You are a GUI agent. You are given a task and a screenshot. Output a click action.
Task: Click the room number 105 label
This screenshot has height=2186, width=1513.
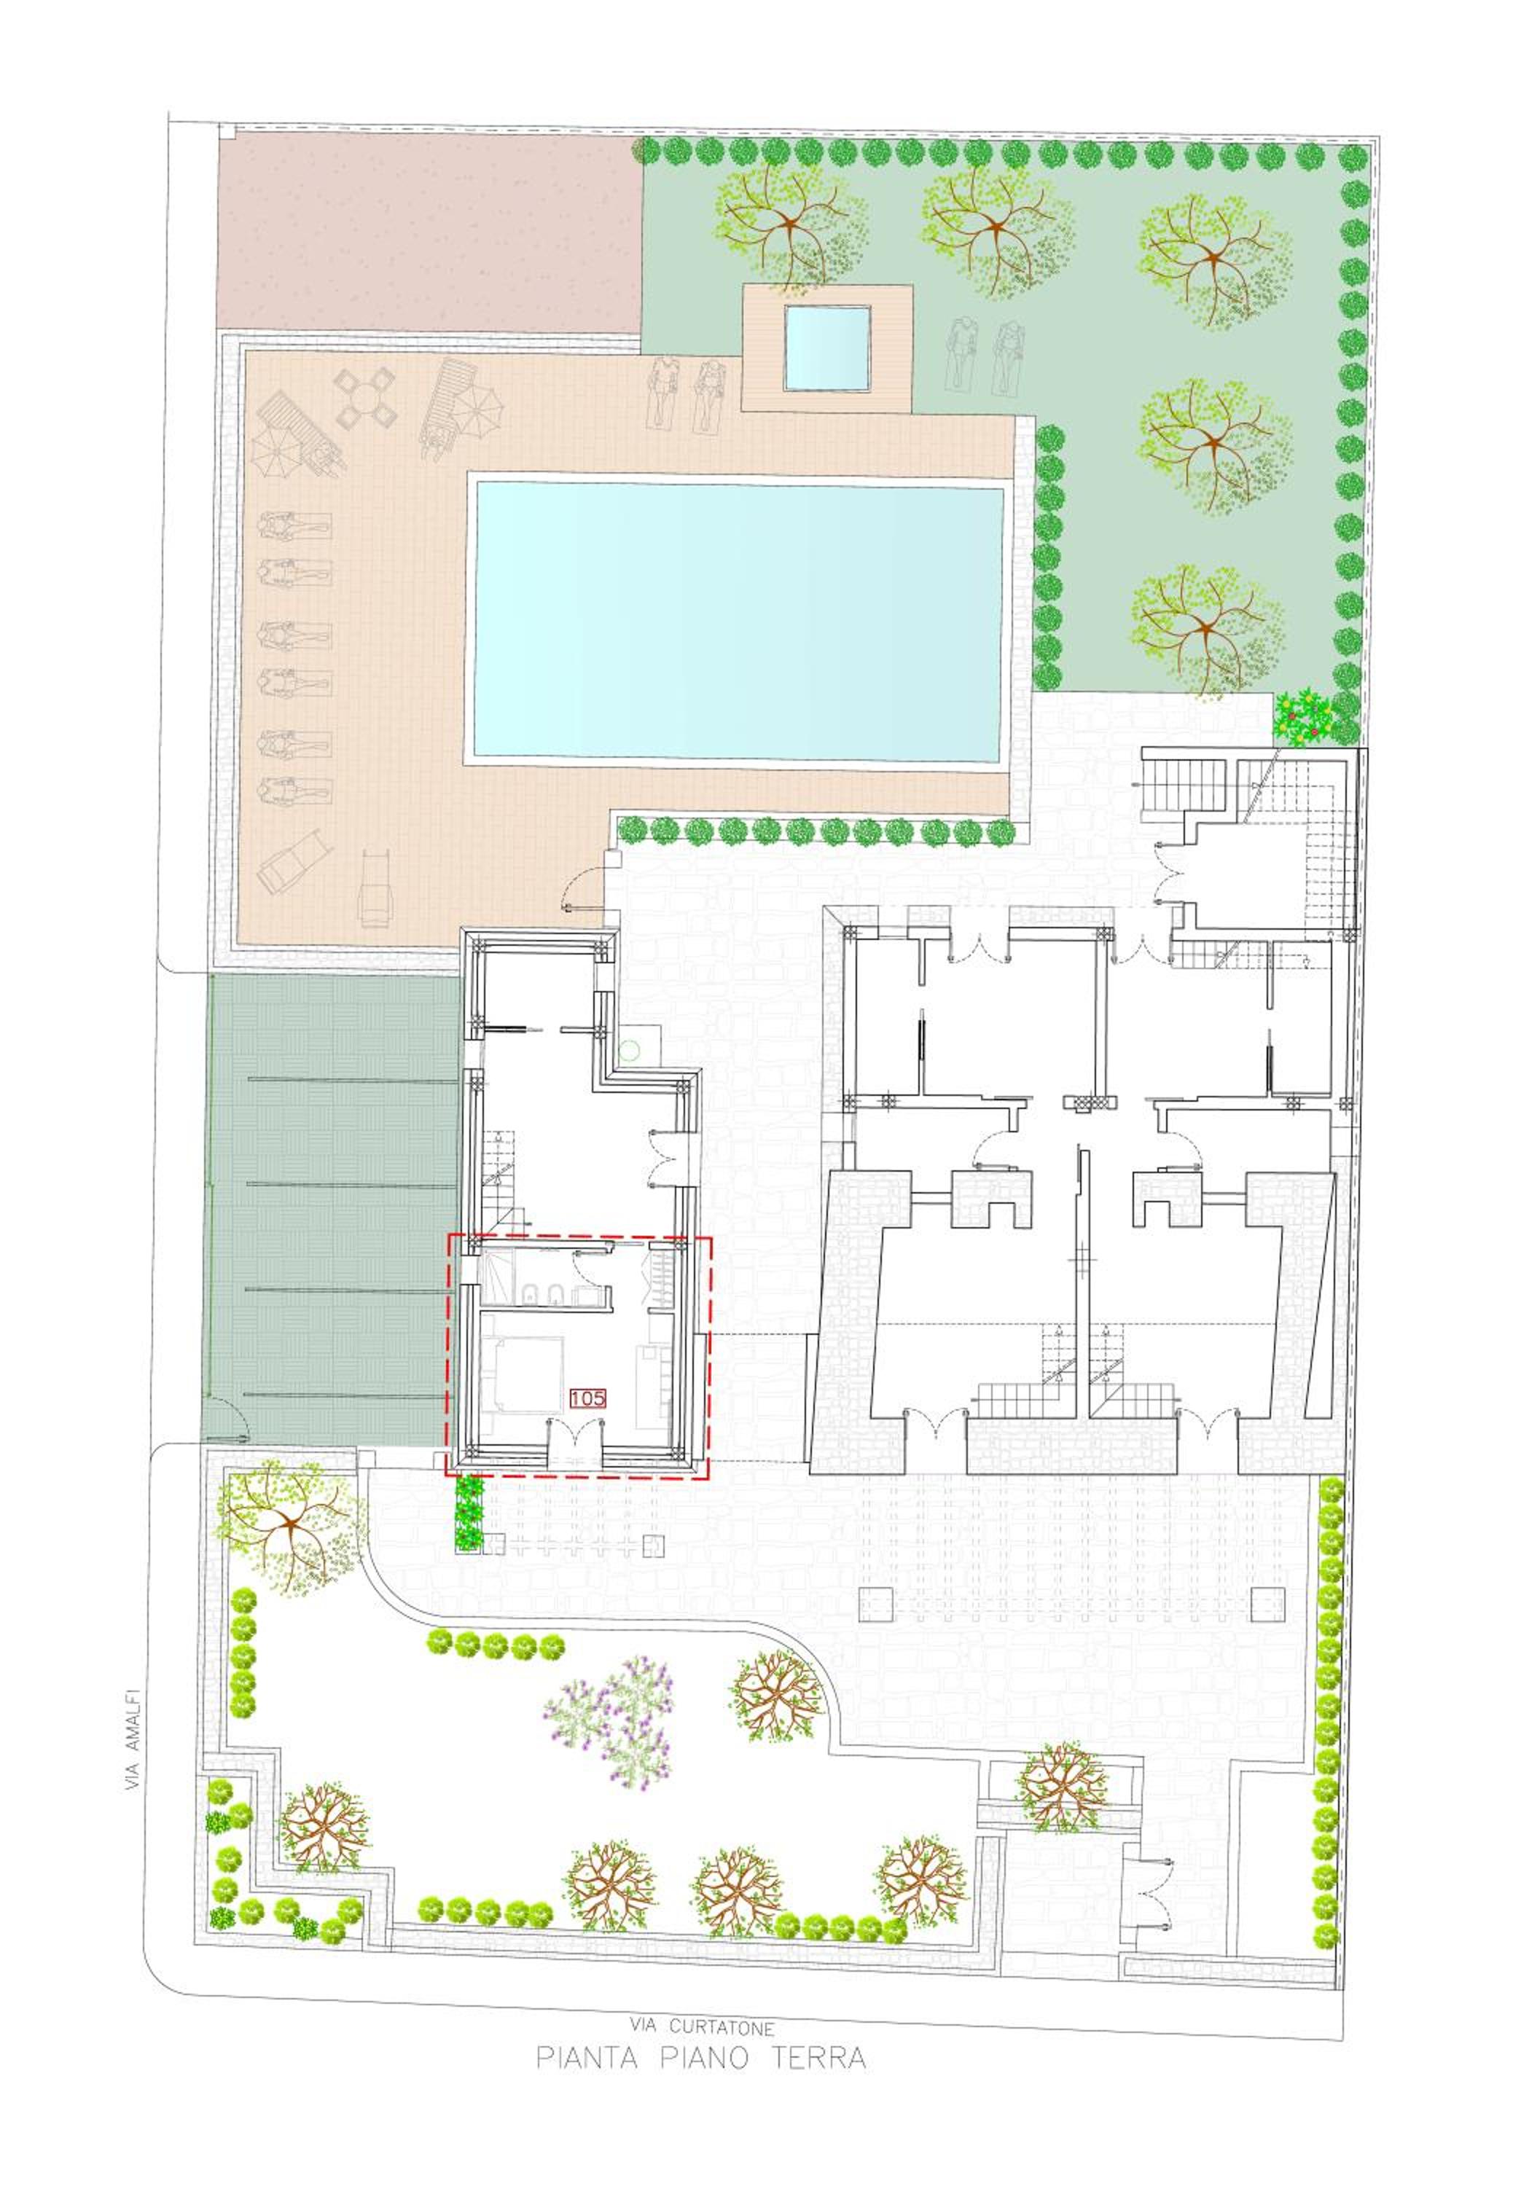[587, 1397]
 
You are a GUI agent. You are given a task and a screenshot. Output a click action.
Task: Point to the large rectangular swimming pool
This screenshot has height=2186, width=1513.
[738, 622]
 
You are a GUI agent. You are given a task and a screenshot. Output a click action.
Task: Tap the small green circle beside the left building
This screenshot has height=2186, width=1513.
[630, 1050]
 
